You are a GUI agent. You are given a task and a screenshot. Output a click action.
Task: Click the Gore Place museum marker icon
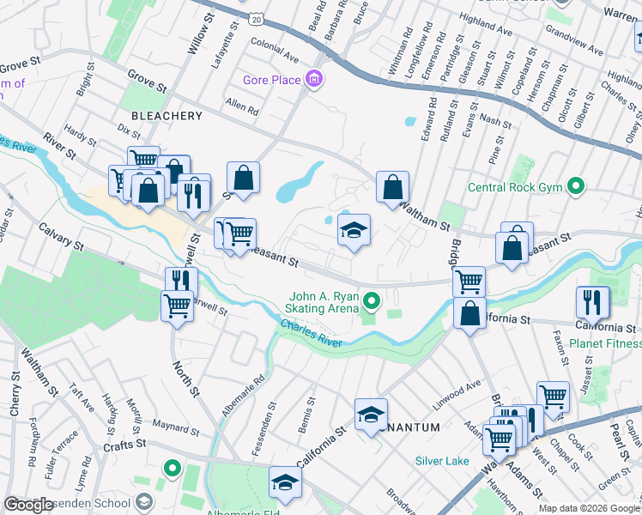point(314,81)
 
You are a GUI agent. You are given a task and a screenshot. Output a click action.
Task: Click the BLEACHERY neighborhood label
point(167,115)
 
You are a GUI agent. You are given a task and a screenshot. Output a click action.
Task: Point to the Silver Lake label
point(442,461)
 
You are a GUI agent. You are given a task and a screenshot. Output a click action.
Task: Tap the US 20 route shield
point(257,17)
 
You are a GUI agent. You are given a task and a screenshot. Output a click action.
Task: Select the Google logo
point(29,505)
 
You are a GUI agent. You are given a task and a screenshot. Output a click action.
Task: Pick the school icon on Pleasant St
point(354,231)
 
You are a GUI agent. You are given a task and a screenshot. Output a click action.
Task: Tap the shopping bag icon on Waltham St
point(392,187)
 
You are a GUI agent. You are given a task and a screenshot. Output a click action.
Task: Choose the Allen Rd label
point(241,109)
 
